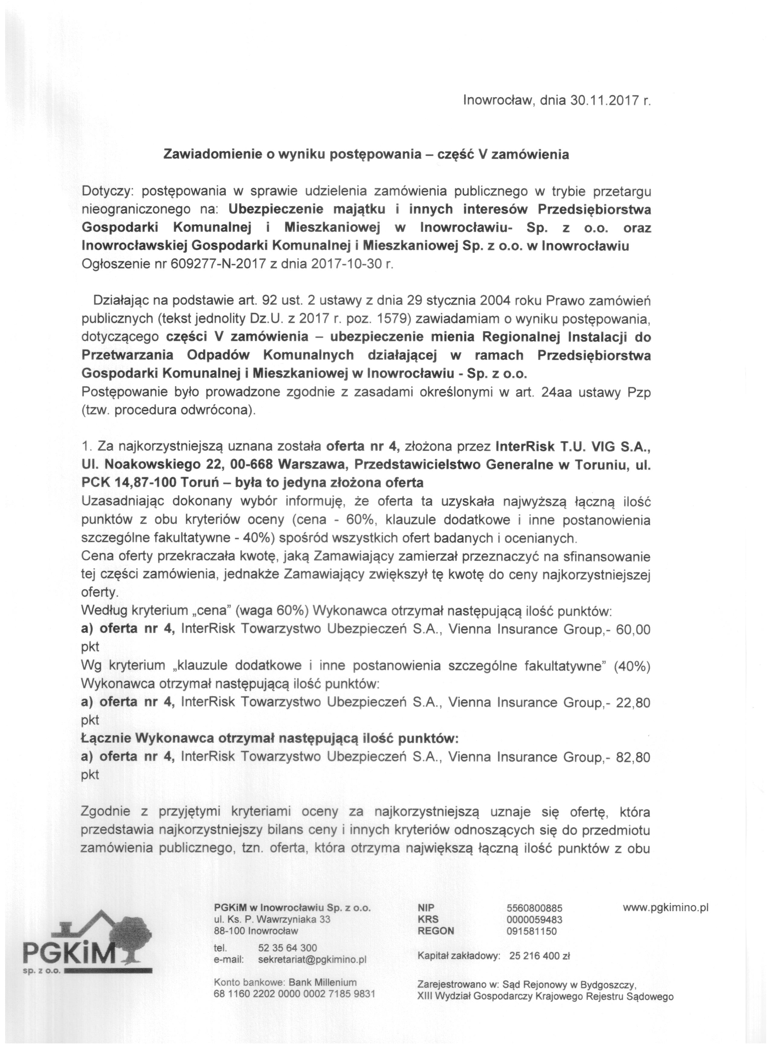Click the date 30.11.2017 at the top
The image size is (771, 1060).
603,101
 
